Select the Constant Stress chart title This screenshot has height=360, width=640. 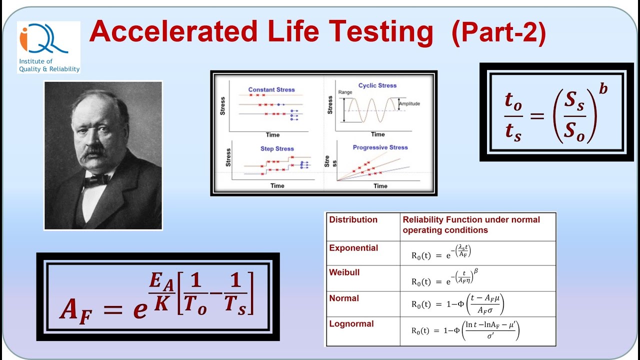(271, 89)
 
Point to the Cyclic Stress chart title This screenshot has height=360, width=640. (377, 85)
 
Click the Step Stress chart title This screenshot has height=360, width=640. (277, 148)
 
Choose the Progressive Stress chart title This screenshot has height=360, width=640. (380, 147)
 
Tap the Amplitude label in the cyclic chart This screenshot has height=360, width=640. (409, 104)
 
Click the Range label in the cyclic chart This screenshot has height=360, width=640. (345, 92)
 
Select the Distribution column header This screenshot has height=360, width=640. (353, 219)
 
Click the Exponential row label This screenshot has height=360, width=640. (353, 248)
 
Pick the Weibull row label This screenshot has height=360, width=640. (344, 272)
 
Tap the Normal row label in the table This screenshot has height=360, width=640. (344, 298)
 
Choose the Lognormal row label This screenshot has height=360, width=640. (351, 323)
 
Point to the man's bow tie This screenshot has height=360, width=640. (96, 179)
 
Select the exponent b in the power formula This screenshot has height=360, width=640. (603, 89)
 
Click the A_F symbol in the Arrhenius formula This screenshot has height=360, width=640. (75, 308)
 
